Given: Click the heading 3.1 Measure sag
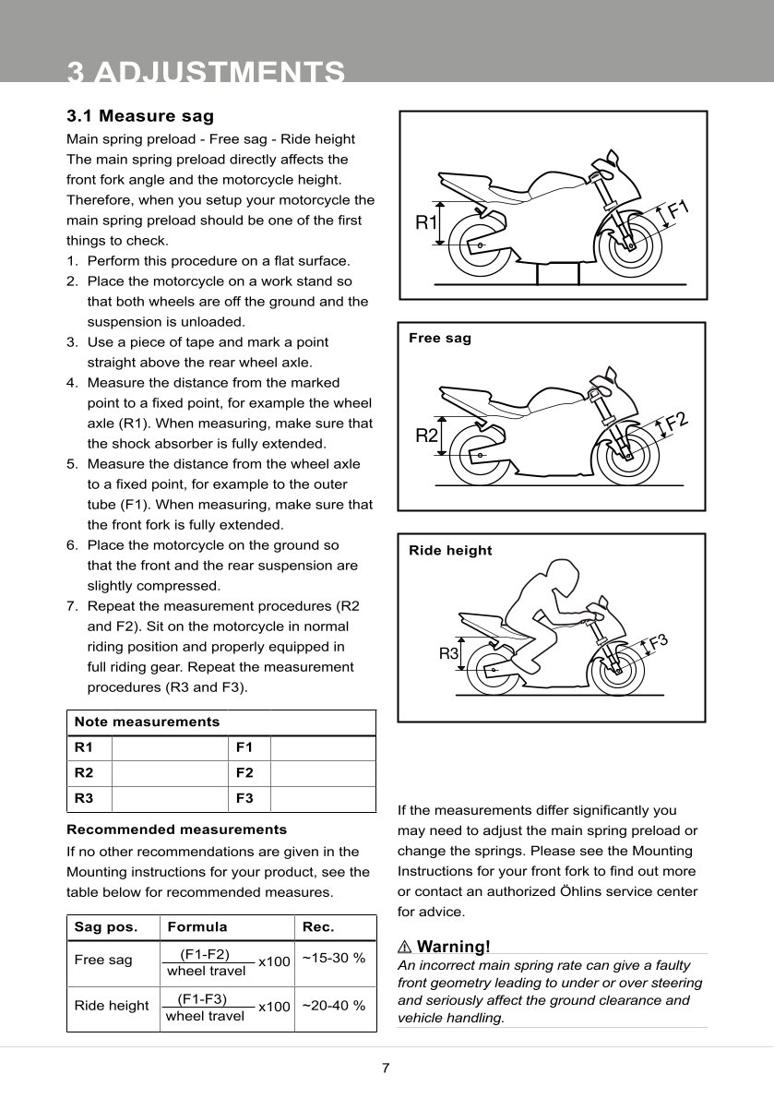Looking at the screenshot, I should [x=140, y=116].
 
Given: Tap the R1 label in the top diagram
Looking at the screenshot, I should [x=426, y=222].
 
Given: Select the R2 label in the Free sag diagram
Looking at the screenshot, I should [x=426, y=436].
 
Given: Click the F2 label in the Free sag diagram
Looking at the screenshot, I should [x=677, y=423].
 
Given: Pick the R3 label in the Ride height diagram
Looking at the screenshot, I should [x=448, y=654].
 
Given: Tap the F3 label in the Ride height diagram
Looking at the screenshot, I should [x=658, y=642].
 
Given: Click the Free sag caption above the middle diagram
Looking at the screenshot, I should [x=440, y=339].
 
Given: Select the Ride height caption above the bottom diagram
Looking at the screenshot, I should [x=450, y=551].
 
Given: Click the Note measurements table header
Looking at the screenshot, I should [x=147, y=722].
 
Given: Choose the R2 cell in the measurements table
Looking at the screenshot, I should [x=83, y=773].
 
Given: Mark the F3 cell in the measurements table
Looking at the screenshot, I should [x=244, y=799].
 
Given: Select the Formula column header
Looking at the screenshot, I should [x=196, y=927].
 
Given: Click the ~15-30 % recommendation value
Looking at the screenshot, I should [x=334, y=958].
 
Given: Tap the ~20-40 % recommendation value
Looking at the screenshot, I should [x=334, y=1006].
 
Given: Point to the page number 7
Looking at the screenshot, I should [x=386, y=1068].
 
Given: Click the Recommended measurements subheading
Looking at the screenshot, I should [x=177, y=829].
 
